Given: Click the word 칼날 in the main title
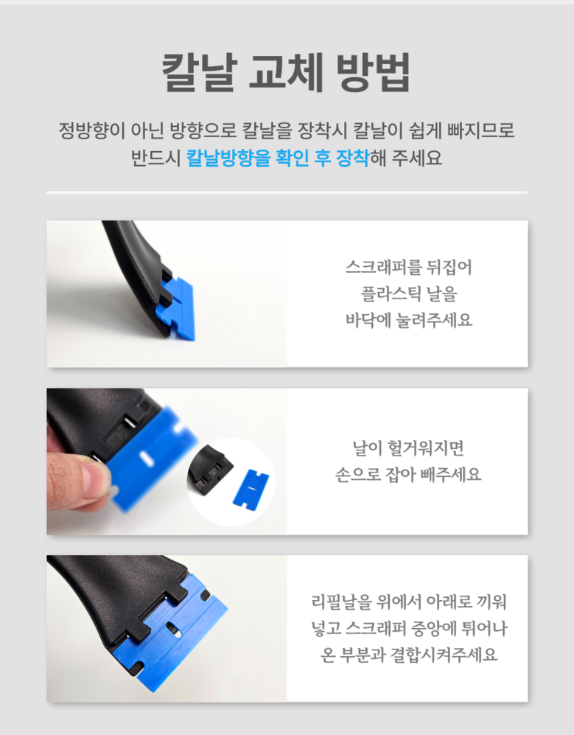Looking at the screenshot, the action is tap(199, 72).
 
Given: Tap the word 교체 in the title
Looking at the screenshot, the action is tap(287, 72).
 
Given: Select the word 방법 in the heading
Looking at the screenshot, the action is tap(374, 72).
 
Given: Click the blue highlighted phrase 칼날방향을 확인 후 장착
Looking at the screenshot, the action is tap(278, 158).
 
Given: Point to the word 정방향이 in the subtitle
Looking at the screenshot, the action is tap(92, 130).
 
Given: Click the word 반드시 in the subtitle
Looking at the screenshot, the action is tap(155, 158).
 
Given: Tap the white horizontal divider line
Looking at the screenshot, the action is tap(287, 192).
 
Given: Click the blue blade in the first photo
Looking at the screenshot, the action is tap(178, 307).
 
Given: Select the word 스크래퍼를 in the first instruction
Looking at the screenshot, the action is tap(376, 267).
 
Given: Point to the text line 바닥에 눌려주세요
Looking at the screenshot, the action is tap(409, 320).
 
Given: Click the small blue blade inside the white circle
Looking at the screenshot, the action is tap(251, 488).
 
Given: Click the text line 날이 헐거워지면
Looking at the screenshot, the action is tap(409, 447).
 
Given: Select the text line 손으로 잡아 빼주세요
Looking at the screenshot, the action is tap(408, 474).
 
